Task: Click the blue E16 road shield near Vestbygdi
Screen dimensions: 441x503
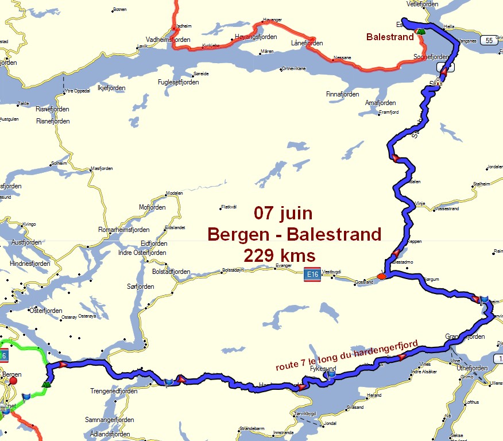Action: (312, 275)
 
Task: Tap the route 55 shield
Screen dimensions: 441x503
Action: (489, 40)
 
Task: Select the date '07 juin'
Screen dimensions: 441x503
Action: (284, 214)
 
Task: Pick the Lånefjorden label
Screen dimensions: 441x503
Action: (307, 43)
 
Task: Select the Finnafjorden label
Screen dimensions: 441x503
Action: (342, 94)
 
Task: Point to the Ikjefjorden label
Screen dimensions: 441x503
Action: (111, 88)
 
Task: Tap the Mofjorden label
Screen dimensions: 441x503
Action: (152, 207)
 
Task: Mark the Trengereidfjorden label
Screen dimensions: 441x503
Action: (114, 391)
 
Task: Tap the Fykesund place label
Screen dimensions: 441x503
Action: (322, 369)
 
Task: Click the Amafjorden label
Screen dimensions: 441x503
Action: (381, 103)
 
